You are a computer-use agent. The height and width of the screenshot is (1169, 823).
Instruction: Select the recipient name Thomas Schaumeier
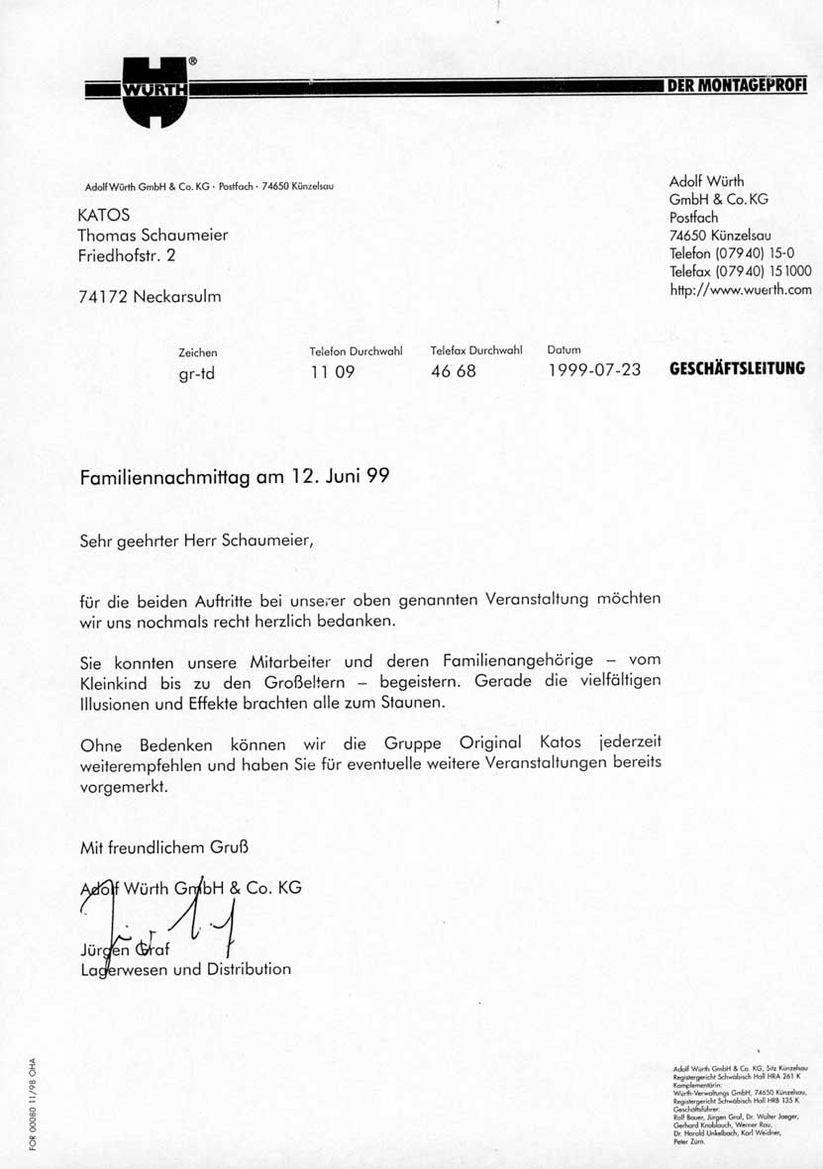153,235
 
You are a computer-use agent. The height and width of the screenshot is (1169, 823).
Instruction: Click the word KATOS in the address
103,215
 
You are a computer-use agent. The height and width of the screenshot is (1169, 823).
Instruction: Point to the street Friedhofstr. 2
130,255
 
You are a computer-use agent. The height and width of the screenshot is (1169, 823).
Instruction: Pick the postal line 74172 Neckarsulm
149,296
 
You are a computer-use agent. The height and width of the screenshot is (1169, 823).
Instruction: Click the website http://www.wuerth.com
740,289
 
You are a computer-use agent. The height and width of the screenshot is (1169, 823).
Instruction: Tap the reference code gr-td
196,373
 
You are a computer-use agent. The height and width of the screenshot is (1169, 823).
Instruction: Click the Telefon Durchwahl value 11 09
332,372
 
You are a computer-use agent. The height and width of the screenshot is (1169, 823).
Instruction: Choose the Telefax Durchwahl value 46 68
454,372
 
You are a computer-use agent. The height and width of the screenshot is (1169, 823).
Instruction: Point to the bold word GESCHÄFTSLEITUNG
737,369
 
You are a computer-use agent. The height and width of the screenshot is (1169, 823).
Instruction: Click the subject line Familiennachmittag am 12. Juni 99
234,476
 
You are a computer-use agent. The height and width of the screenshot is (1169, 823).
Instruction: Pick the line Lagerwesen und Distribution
185,970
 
